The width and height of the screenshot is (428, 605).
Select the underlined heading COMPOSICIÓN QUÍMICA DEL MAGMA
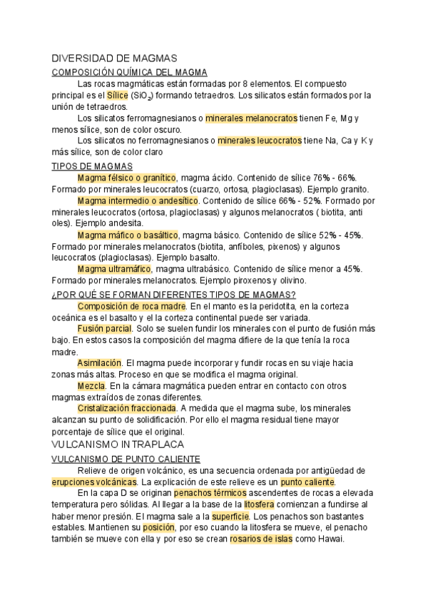click(x=130, y=72)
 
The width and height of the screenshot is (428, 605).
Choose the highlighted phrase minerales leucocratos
click(x=260, y=141)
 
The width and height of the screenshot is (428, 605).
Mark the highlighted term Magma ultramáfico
click(x=114, y=268)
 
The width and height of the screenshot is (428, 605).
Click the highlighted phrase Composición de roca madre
click(x=133, y=305)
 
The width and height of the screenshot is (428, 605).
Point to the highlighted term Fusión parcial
click(x=105, y=328)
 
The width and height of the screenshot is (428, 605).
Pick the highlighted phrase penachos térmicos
click(x=212, y=492)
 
